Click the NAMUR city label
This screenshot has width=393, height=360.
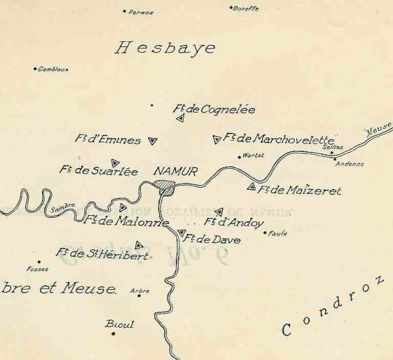(x=175, y=171)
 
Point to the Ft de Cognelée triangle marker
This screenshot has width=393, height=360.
(x=179, y=118)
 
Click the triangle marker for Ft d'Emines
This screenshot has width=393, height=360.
(x=153, y=140)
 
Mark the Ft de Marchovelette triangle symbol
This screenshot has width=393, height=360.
(x=216, y=139)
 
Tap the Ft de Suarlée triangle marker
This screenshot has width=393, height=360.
(x=115, y=162)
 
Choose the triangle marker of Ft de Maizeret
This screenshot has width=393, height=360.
(x=251, y=187)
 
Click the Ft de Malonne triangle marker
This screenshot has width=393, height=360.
(x=122, y=207)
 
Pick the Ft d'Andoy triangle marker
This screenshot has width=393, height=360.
(x=219, y=211)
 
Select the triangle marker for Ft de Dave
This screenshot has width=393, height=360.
(x=181, y=233)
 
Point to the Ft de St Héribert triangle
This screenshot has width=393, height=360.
(x=138, y=245)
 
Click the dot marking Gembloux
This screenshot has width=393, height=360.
(x=35, y=69)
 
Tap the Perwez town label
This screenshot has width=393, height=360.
(x=141, y=12)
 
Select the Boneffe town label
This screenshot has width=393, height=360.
(x=246, y=9)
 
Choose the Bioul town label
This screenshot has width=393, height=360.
(x=119, y=324)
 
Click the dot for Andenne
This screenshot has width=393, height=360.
(x=335, y=158)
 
